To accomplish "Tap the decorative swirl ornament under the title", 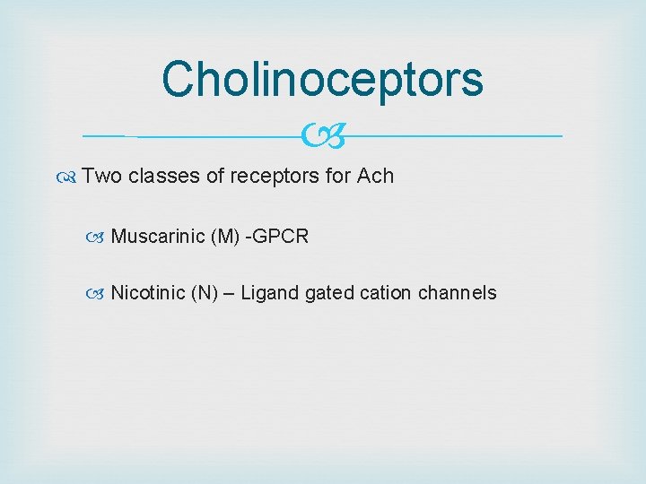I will click(323, 137).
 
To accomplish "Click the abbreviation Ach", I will click(375, 177).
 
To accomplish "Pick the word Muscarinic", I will click(157, 237).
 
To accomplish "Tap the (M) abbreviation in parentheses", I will click(225, 237).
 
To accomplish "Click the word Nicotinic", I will click(148, 293).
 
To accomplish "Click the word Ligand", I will click(270, 293).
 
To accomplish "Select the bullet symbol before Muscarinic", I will click(99, 238).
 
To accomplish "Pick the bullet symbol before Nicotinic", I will click(99, 294).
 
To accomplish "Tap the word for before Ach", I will click(338, 177).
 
